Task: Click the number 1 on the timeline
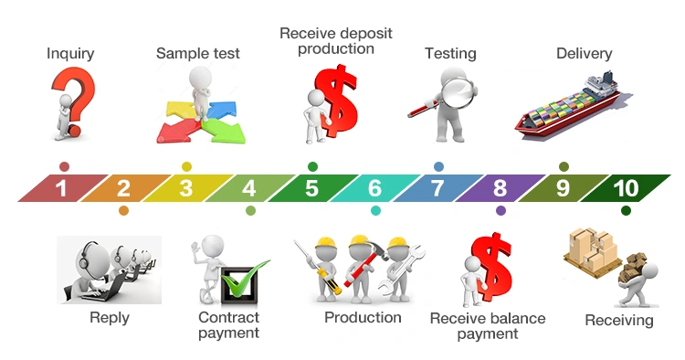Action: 61,188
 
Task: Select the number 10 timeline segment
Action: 626,188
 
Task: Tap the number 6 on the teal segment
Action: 374,188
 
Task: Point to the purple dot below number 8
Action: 501,210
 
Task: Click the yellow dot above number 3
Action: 186,166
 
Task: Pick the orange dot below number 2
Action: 123,210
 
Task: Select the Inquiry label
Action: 70,53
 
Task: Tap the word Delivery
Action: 585,53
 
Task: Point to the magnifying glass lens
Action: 458,93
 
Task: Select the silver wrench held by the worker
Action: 400,270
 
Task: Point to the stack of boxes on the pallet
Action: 593,249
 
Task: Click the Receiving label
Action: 619,320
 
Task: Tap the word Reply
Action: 110,318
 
